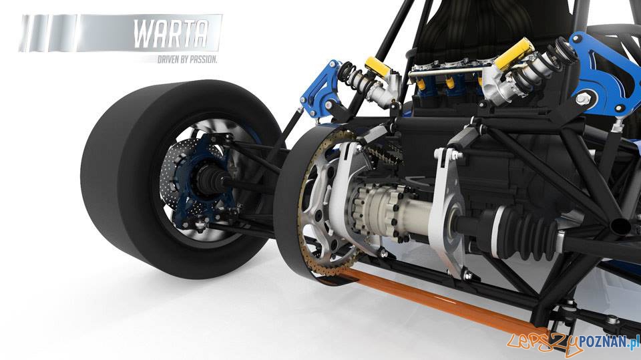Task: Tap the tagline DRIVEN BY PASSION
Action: pyautogui.click(x=187, y=59)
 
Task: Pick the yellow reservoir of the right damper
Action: pyautogui.click(x=517, y=53)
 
